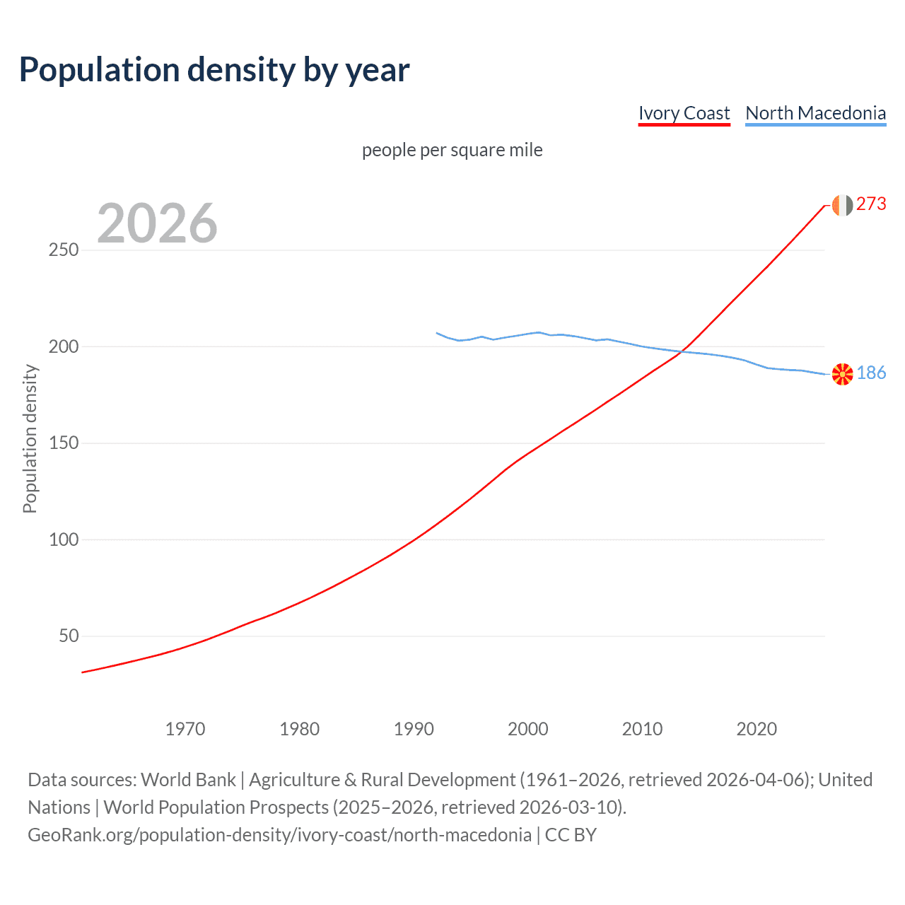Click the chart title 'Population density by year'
click(x=214, y=70)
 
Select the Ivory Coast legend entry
click(x=684, y=113)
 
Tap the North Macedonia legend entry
click(x=815, y=113)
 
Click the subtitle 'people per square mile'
click(x=452, y=150)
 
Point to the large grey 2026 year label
click(x=157, y=223)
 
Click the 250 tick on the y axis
click(x=64, y=250)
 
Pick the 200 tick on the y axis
click(x=64, y=346)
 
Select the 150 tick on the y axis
click(x=64, y=443)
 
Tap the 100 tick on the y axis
click(x=64, y=539)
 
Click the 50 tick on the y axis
click(x=69, y=636)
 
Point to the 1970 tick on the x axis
click(x=185, y=729)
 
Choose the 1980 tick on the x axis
click(x=300, y=729)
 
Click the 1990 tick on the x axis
click(x=414, y=729)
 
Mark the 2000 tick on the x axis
click(x=528, y=729)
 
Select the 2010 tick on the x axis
click(x=642, y=729)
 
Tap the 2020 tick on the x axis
click(x=757, y=729)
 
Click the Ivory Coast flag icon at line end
click(x=842, y=205)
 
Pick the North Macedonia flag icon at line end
click(x=842, y=374)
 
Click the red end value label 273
click(x=871, y=204)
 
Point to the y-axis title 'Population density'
click(x=30, y=438)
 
